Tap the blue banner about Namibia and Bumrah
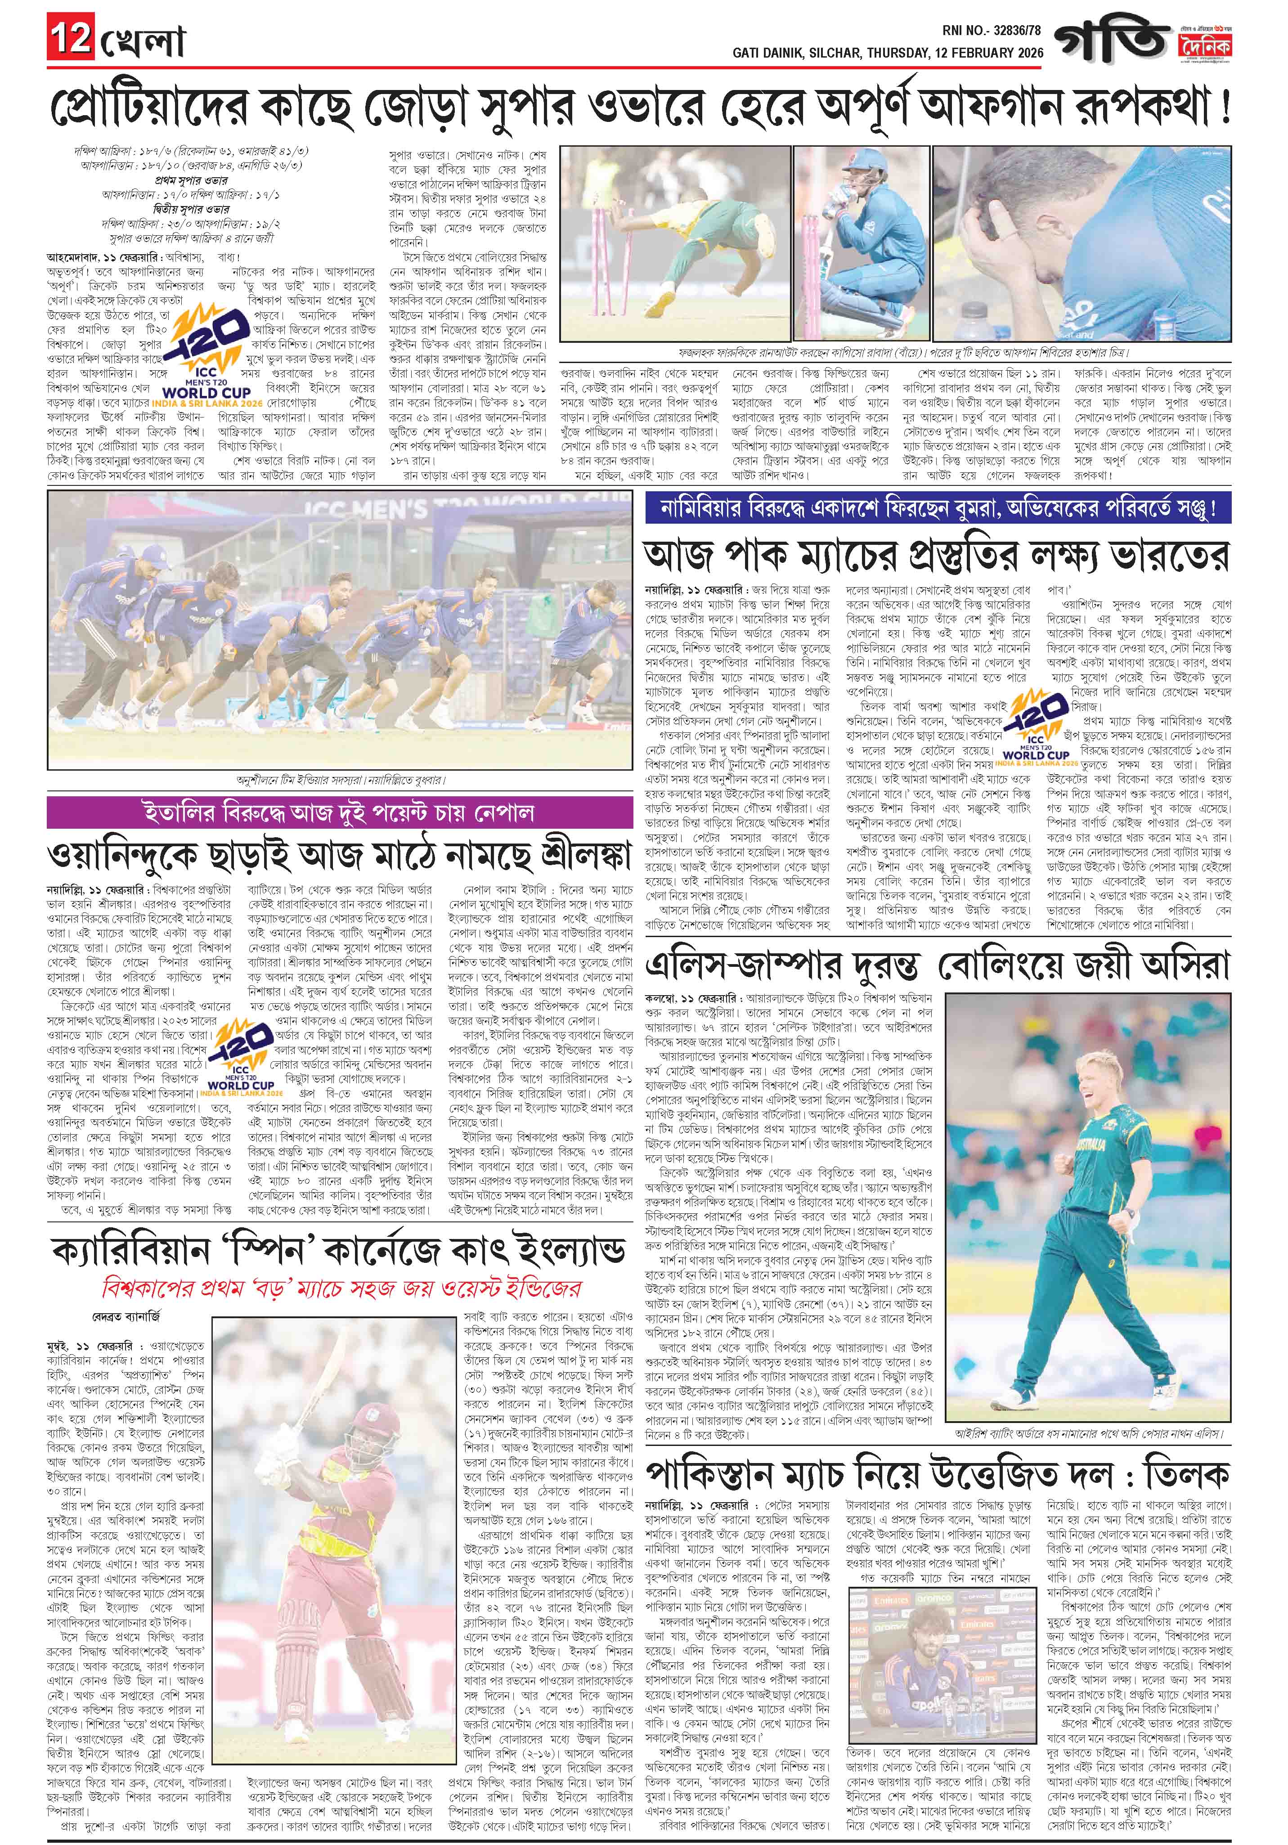click(x=938, y=510)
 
